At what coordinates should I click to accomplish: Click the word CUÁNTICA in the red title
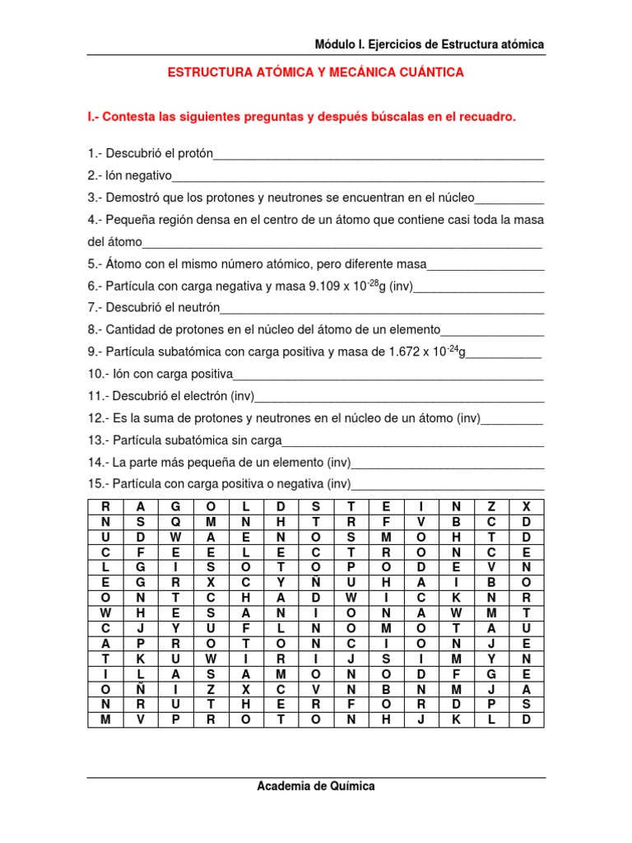(x=431, y=72)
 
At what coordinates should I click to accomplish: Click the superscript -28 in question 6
(x=371, y=282)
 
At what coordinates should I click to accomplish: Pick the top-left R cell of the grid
(x=105, y=506)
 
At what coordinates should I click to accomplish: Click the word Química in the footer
(x=351, y=786)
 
